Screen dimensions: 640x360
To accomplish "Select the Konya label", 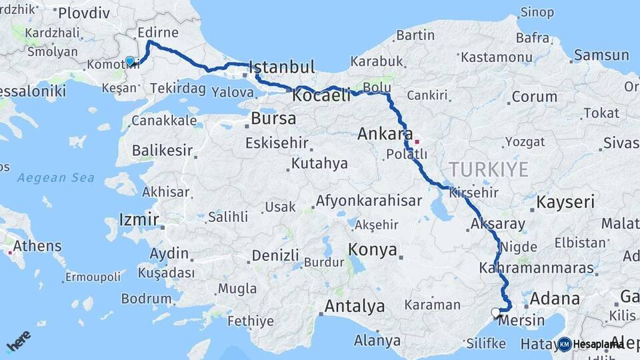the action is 373,251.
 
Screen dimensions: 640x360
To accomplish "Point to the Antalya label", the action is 354,307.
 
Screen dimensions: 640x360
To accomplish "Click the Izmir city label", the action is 139,219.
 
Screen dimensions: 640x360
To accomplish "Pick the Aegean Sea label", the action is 56,178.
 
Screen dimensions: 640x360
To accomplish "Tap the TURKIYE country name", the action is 489,169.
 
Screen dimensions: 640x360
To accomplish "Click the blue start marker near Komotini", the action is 130,61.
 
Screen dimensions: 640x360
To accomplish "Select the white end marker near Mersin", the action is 495,312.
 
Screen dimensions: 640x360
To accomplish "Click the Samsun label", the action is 601,55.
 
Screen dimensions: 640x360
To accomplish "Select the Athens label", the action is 37,245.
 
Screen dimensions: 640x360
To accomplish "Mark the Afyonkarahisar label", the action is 369,201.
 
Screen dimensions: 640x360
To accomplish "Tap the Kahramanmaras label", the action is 536,268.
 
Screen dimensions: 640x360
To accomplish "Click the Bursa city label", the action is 273,119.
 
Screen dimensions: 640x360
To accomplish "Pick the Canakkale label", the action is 164,121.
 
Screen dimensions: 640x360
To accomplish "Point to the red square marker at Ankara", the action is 417,141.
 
